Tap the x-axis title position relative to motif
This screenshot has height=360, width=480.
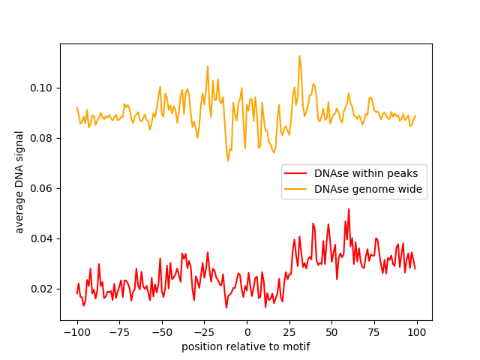(246, 346)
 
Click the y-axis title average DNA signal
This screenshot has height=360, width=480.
(19, 182)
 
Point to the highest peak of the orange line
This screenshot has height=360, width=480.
(299, 55)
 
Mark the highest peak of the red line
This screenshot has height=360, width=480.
(349, 209)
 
